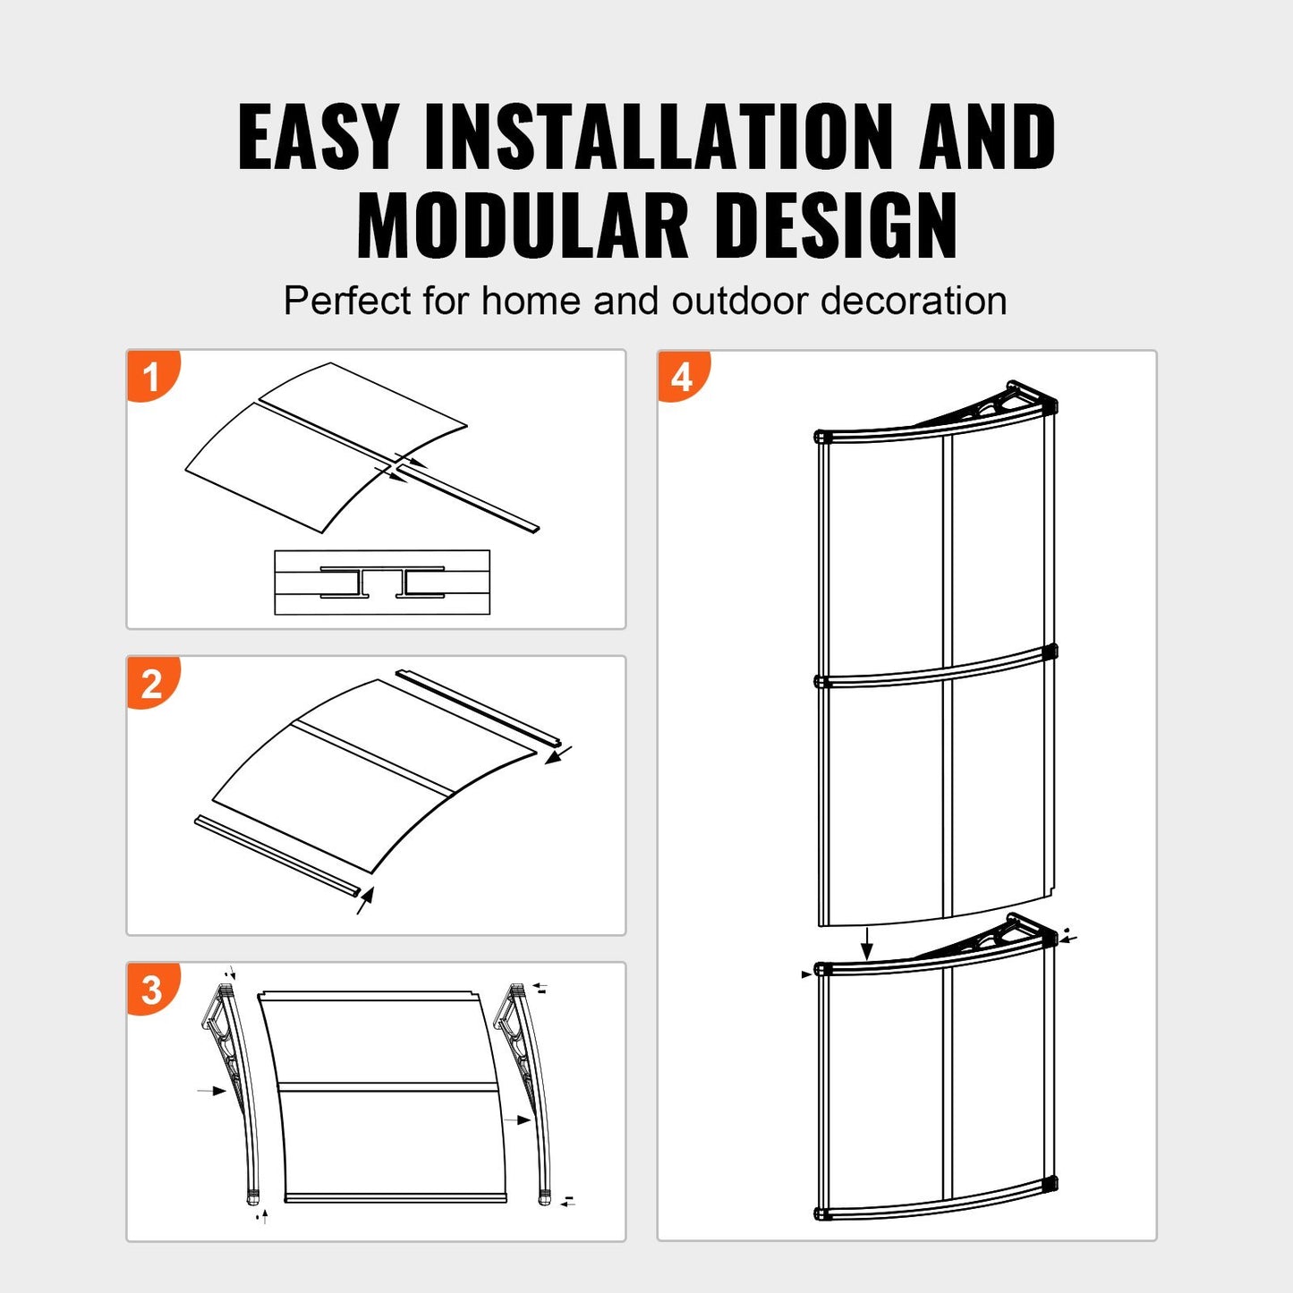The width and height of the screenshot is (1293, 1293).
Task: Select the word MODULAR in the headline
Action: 522,225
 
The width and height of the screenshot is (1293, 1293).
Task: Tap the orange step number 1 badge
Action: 152,376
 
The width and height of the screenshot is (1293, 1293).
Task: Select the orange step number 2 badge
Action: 152,684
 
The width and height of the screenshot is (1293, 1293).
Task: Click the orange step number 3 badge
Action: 152,991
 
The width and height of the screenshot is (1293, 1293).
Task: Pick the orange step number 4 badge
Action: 682,377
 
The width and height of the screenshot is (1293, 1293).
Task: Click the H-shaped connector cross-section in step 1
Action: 382,583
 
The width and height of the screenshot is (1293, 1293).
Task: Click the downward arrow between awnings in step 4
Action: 866,943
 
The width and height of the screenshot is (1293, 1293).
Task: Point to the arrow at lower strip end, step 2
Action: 364,900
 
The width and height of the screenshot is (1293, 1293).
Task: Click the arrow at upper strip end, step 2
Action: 558,755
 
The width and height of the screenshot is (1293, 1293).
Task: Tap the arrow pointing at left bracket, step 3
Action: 212,1091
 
